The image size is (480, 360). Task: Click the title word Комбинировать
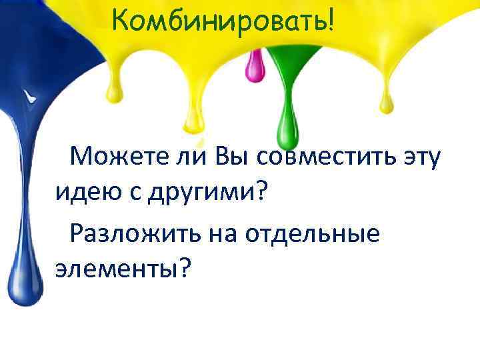[217, 21]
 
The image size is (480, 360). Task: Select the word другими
[199, 194]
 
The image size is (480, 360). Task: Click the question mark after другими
[260, 194]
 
